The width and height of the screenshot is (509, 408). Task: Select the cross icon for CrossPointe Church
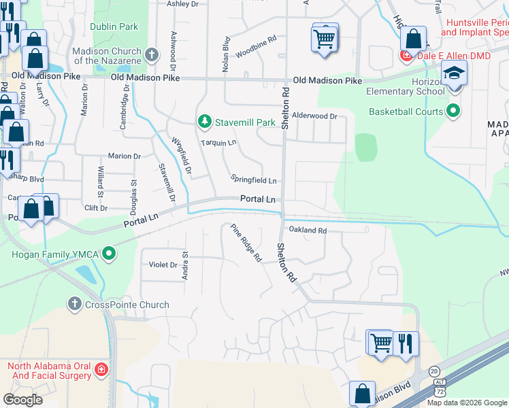point(75,305)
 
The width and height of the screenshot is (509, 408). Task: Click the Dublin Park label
point(114,27)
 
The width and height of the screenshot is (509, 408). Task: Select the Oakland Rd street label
point(308,231)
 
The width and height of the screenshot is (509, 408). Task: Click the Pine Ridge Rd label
point(246,243)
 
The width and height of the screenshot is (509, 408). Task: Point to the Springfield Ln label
point(253,181)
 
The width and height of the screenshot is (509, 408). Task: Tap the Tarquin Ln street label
point(218,143)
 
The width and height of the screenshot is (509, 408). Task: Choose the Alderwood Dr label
point(314,116)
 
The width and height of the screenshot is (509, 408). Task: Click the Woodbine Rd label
point(255,46)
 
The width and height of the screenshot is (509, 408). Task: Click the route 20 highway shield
point(434,371)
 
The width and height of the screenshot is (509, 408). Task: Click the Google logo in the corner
point(22,400)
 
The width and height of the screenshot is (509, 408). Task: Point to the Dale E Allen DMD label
point(448,55)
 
